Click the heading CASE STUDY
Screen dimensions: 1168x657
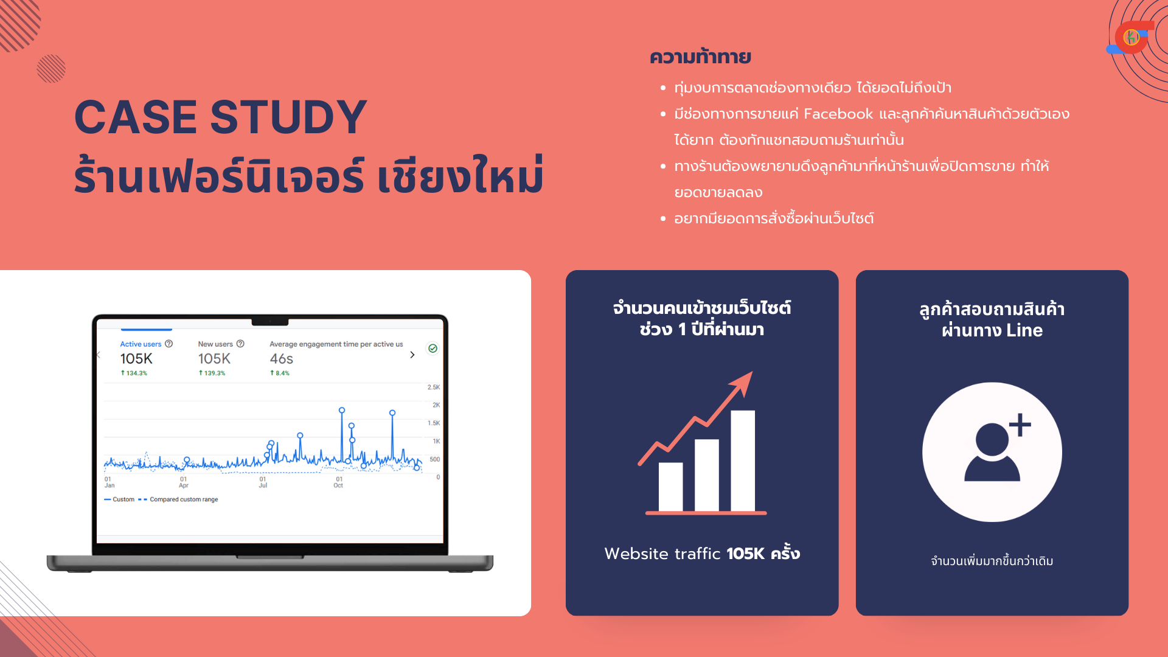click(221, 117)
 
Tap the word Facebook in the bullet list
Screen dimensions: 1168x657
click(838, 114)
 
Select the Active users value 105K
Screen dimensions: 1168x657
click(136, 359)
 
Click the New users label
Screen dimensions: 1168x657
click(215, 344)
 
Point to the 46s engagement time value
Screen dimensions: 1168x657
click(282, 359)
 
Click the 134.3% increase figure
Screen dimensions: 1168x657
click(134, 373)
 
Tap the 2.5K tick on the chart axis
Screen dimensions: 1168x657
click(434, 387)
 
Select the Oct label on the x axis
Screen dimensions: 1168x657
click(338, 485)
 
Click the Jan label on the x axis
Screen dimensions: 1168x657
click(109, 485)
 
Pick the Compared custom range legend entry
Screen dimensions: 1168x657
click(184, 499)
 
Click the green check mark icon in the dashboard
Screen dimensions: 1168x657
click(433, 349)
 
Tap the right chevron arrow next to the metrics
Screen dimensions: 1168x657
click(412, 355)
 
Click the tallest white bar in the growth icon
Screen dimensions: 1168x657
click(743, 461)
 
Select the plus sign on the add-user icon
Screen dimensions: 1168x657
click(1020, 425)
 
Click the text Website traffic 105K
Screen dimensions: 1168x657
click(684, 554)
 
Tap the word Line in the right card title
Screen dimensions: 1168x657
click(1024, 330)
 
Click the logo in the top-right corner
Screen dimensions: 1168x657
click(1131, 38)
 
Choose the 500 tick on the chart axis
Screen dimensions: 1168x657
click(434, 459)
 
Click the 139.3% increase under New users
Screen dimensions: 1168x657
click(212, 373)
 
